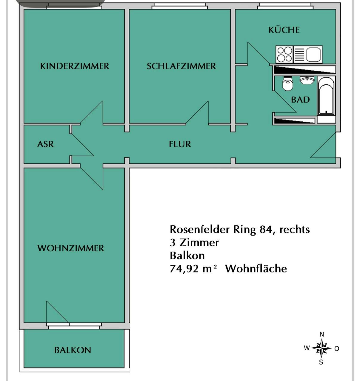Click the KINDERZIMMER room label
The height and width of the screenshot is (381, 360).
point(75,66)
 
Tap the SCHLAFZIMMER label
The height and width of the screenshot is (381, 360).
point(181,66)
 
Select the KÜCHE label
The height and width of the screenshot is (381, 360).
point(284,30)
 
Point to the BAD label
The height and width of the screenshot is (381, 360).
point(301,100)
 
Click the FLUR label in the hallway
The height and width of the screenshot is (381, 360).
point(180,144)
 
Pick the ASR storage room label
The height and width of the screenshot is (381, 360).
point(46,144)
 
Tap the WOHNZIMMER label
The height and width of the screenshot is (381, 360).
point(71,248)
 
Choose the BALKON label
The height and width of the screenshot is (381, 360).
point(73,350)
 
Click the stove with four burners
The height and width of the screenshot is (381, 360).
point(284,55)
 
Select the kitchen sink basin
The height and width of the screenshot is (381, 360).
point(313,55)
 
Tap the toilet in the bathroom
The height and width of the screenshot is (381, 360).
point(287,83)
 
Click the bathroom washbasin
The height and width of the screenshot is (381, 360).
point(307,80)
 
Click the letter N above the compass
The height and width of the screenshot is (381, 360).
point(321,334)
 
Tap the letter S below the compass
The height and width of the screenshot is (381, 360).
point(321,362)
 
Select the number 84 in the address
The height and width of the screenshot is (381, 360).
point(266,230)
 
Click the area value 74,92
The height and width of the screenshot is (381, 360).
point(184,269)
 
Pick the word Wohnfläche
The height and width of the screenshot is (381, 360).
point(256,269)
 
